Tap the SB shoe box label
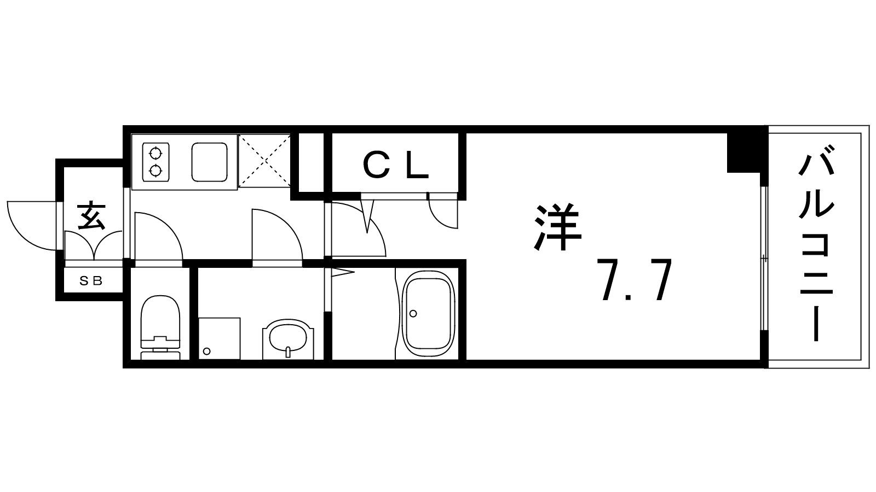tap(91, 280)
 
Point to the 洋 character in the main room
tap(558, 227)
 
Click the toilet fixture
tap(160, 327)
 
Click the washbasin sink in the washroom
tap(288, 338)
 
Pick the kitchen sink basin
tap(210, 162)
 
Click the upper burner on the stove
tap(155, 153)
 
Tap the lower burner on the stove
tap(155, 171)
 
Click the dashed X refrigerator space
tap(264, 161)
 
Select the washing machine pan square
tap(220, 338)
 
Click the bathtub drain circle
tap(413, 313)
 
